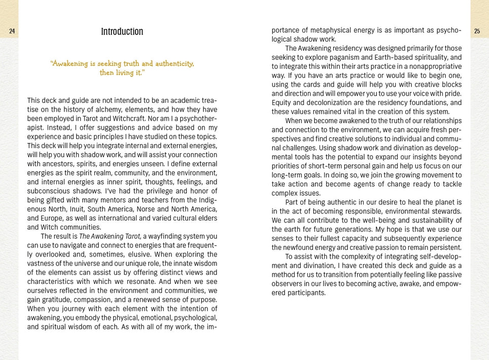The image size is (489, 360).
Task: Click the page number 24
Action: tap(12, 31)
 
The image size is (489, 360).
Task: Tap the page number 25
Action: tap(477, 31)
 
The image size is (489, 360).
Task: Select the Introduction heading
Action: tap(122, 31)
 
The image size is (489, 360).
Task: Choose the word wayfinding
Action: tap(164, 236)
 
